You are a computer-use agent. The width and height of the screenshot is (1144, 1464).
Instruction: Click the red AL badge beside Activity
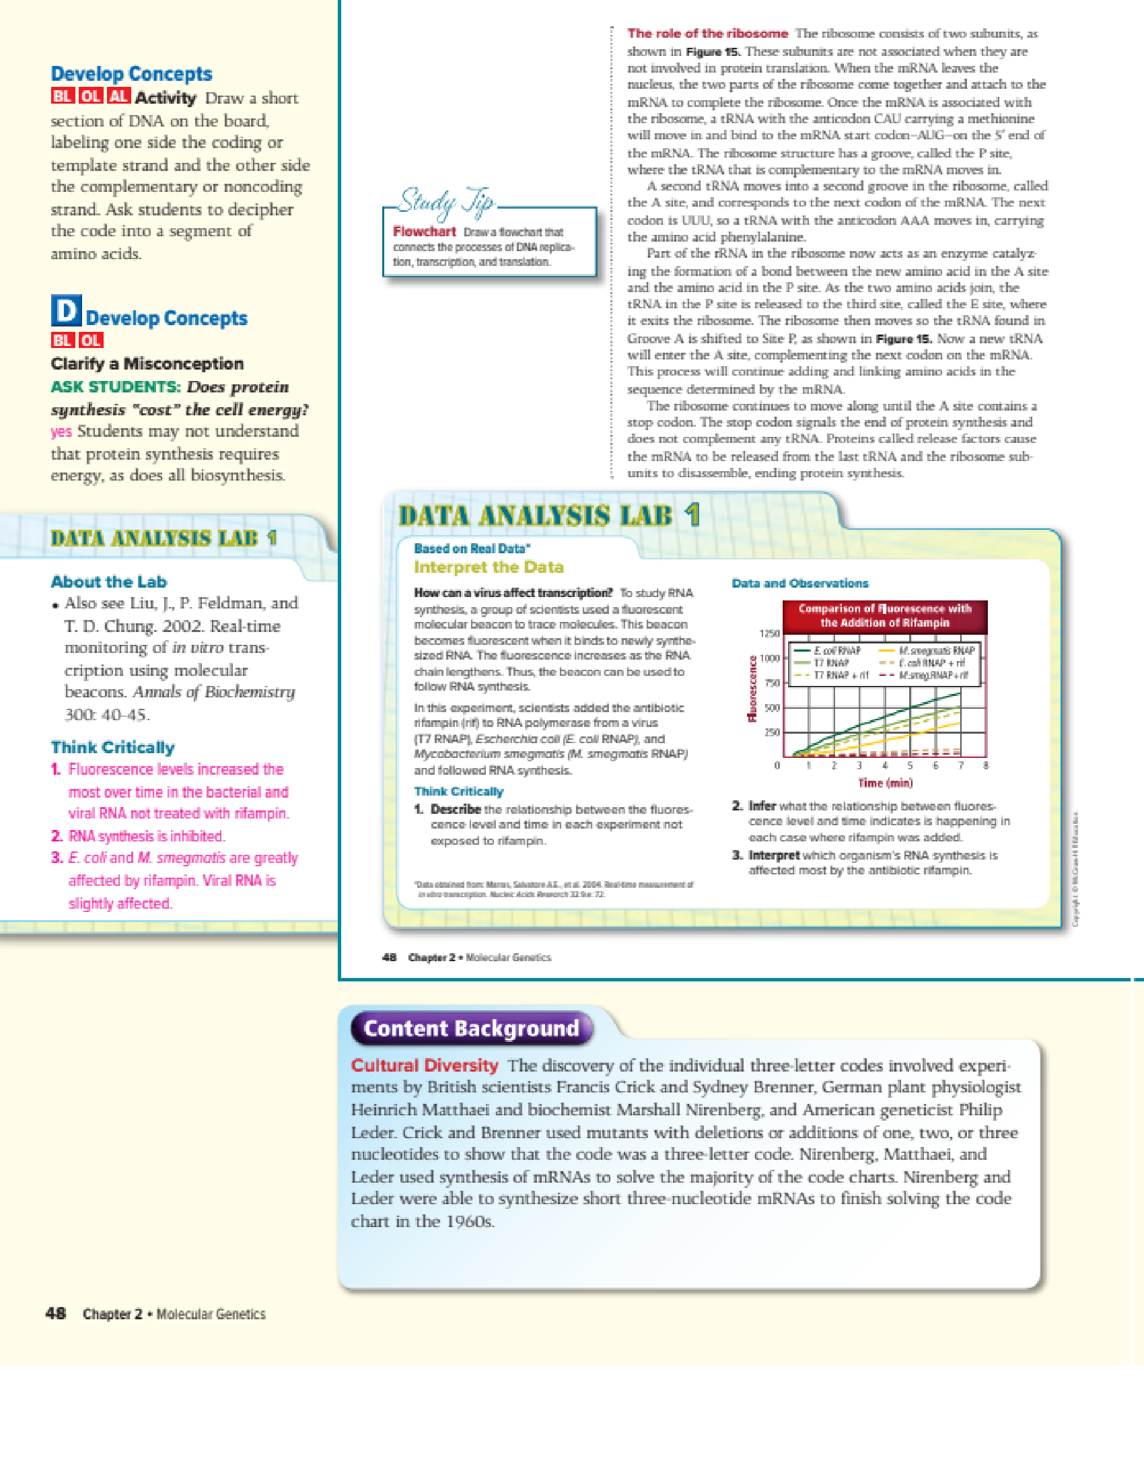point(118,96)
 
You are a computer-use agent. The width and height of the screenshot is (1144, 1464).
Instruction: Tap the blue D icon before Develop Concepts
point(66,311)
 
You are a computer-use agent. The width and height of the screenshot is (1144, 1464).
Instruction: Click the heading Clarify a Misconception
point(147,363)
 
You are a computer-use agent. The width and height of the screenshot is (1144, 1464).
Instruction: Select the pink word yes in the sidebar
point(61,431)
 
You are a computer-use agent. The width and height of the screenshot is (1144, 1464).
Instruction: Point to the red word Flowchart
point(425,232)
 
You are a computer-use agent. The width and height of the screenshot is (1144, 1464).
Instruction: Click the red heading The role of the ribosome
point(707,34)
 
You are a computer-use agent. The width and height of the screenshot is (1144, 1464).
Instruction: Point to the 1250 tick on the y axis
point(769,633)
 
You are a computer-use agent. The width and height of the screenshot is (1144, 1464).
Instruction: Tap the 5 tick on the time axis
point(910,765)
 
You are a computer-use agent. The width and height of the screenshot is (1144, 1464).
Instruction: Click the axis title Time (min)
point(885,783)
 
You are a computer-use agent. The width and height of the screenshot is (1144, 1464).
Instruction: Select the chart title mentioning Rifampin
point(885,616)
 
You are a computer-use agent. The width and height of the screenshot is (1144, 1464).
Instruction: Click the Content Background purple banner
point(471,1029)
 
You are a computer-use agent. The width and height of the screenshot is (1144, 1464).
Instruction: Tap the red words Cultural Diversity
point(425,1066)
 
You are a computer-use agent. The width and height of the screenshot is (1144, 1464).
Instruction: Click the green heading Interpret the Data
point(489,567)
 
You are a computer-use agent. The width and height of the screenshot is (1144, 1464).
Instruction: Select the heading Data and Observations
point(800,584)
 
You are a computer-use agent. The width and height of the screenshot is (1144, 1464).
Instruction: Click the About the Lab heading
point(109,582)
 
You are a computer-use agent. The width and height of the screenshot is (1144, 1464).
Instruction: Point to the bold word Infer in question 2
point(762,806)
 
